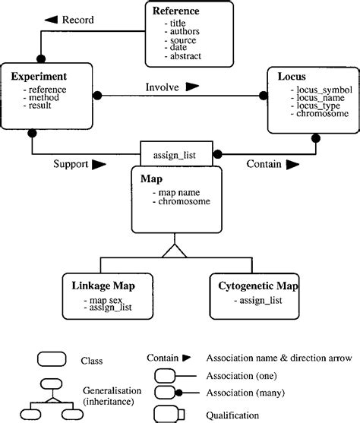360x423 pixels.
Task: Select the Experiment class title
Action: point(39,77)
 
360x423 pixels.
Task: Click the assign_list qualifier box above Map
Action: point(177,155)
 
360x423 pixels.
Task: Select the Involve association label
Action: point(163,87)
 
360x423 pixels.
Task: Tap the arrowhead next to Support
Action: point(99,163)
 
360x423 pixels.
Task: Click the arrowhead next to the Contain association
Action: point(292,163)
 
